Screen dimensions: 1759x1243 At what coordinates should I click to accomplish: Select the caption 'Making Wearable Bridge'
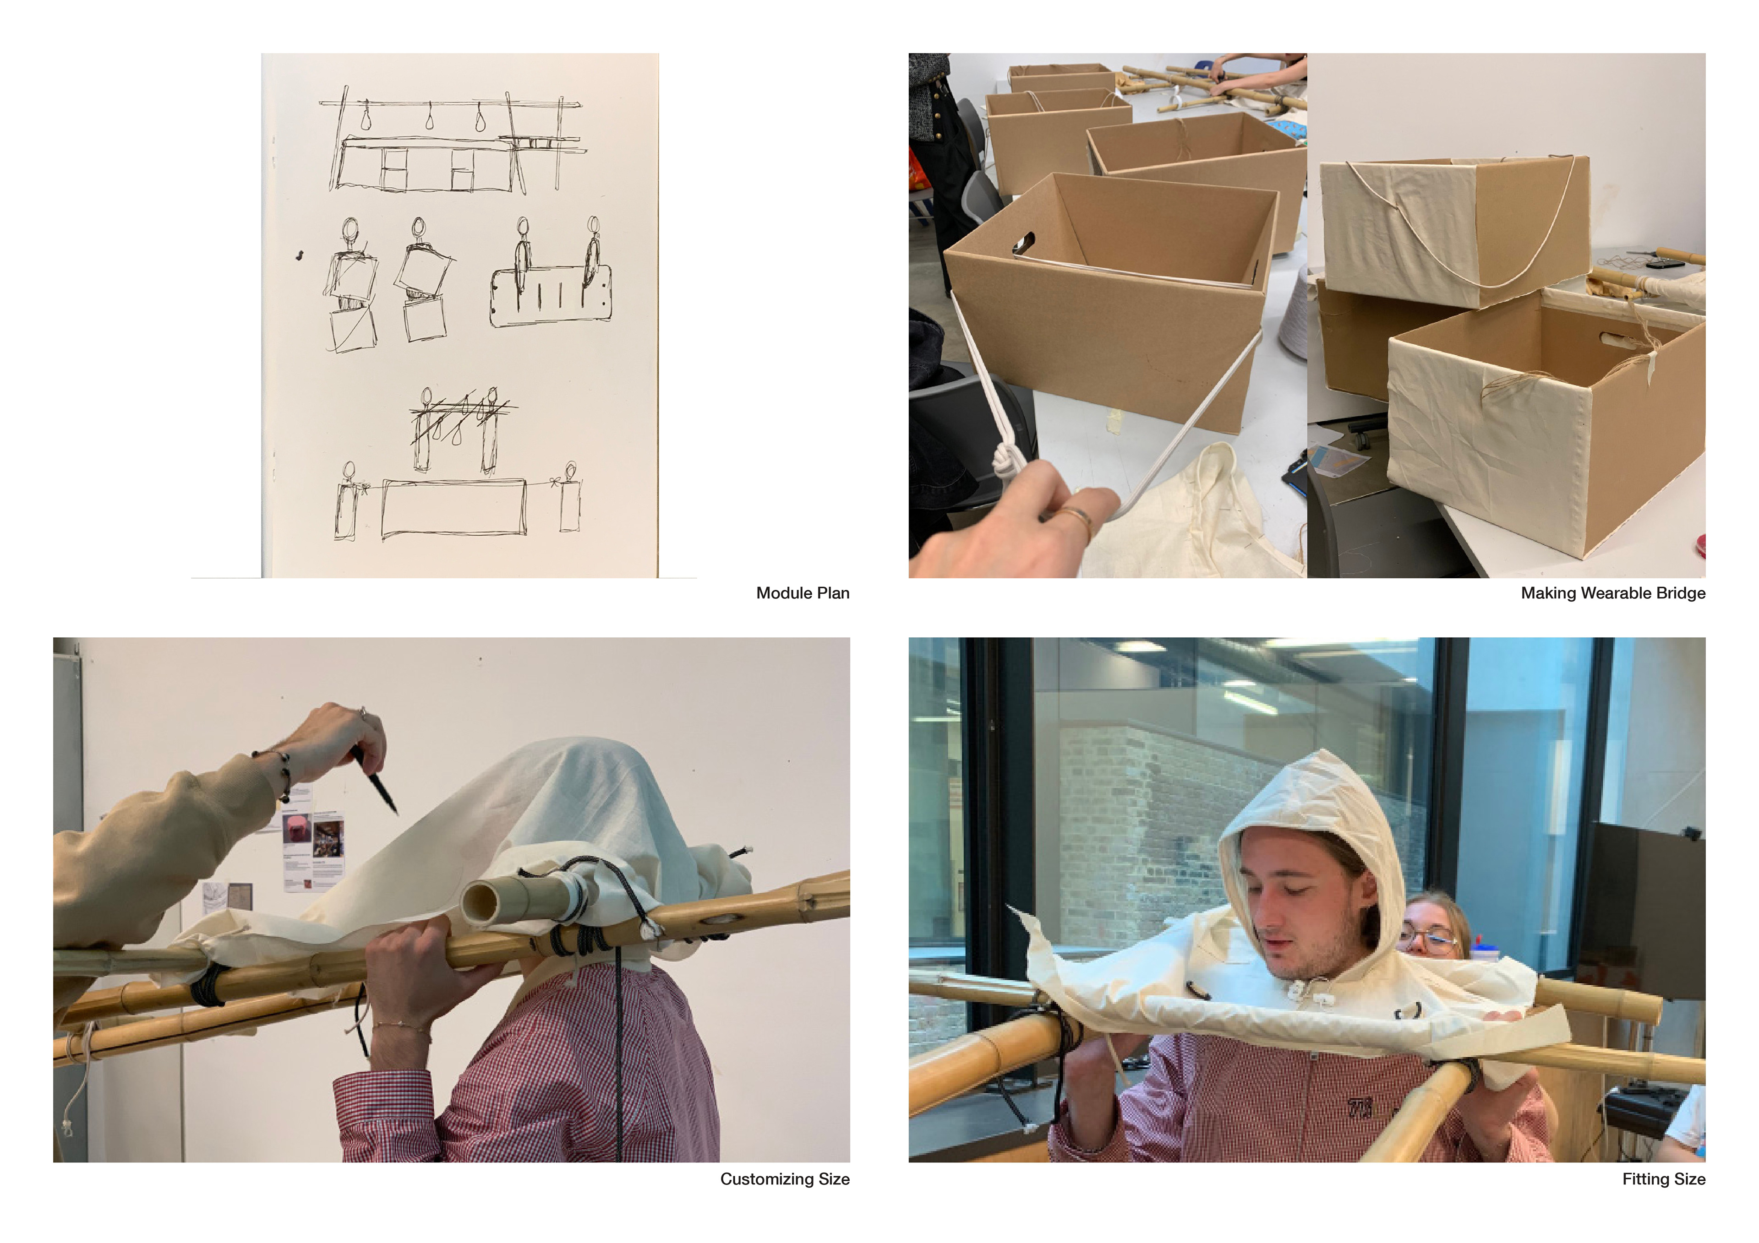1613,593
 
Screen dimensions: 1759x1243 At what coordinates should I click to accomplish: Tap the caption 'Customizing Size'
785,1178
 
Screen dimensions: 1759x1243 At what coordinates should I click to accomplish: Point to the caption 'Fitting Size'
1663,1178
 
